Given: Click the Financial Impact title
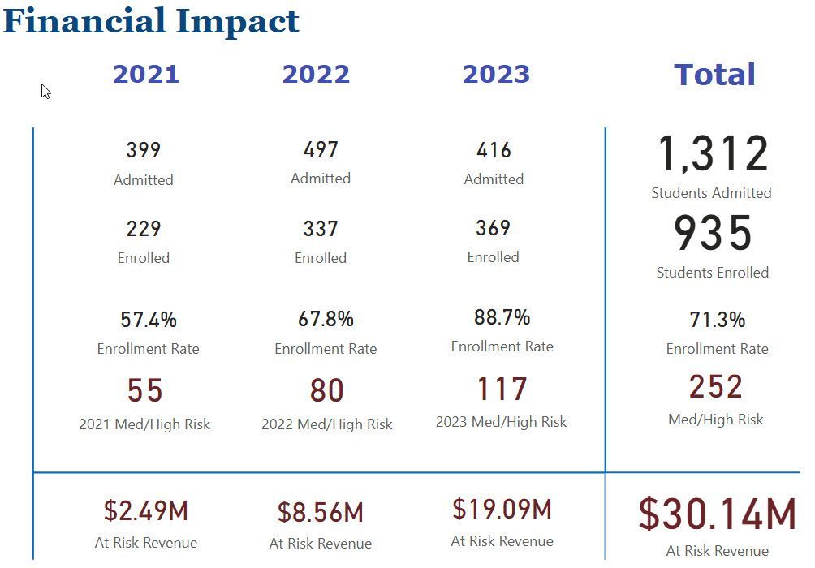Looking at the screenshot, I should [x=151, y=21].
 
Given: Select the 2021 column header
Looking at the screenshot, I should [x=146, y=74].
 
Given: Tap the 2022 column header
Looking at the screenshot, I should [x=316, y=74].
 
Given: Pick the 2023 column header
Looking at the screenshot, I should [x=496, y=74].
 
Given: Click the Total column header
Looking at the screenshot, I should [x=714, y=75].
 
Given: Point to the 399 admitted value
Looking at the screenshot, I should [x=144, y=150].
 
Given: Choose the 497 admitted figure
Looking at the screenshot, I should [x=321, y=149].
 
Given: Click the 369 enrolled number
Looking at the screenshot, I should [x=493, y=228].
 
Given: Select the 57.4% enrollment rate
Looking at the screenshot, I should [x=149, y=320].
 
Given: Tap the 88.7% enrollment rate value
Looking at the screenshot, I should [x=502, y=316].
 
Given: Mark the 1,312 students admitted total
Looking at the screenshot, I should [x=713, y=154].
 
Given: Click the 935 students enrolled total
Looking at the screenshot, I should [x=713, y=234].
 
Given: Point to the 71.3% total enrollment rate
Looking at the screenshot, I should [x=717, y=320].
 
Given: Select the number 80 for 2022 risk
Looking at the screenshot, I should [x=326, y=391].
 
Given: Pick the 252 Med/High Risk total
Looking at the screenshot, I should [x=716, y=387].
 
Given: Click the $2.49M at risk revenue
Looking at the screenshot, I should [x=146, y=511].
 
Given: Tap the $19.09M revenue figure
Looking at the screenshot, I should [x=502, y=510].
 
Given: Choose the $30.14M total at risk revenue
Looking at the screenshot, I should [x=717, y=514].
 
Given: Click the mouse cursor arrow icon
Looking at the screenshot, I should [x=45, y=91].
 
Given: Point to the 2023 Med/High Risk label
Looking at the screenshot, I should [x=501, y=422].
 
